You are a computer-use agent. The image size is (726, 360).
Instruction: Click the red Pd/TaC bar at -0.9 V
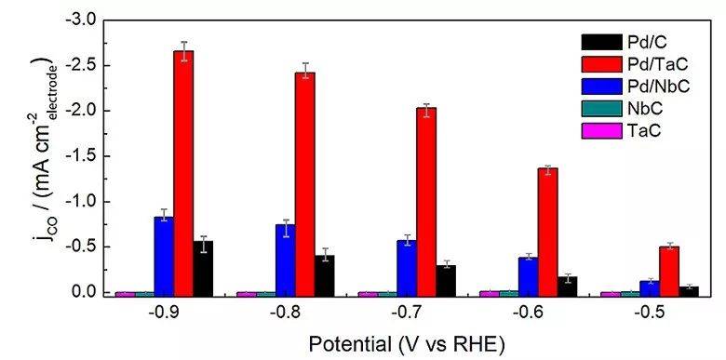pyautogui.click(x=183, y=173)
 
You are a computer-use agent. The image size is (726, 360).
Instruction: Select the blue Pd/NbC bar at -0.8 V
pyautogui.click(x=285, y=260)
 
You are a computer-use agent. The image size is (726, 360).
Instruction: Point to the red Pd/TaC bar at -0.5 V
pyautogui.click(x=669, y=271)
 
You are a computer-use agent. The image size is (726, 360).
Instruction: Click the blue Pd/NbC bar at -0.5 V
pyautogui.click(x=649, y=288)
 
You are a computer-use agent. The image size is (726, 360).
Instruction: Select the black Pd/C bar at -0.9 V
pyautogui.click(x=203, y=269)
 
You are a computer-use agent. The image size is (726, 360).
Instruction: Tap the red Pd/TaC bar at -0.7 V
pyautogui.click(x=426, y=202)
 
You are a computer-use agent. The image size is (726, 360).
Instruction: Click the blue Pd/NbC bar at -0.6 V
pyautogui.click(x=528, y=276)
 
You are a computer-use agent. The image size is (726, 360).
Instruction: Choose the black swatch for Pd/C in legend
pyautogui.click(x=602, y=43)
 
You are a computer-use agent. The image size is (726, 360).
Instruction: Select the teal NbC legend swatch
pyautogui.click(x=602, y=110)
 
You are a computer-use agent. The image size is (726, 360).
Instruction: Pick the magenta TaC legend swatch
pyautogui.click(x=602, y=132)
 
